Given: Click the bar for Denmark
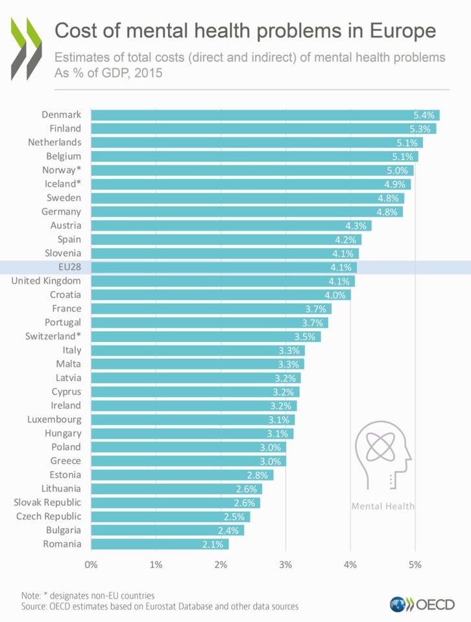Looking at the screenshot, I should click(x=265, y=115).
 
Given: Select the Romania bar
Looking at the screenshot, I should click(x=160, y=544).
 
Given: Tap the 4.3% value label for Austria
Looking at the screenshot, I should click(x=357, y=225).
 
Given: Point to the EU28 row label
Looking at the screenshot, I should click(x=68, y=267).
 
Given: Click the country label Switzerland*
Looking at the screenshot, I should click(x=53, y=336).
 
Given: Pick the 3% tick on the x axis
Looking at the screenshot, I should click(x=285, y=564).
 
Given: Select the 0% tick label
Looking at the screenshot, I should click(x=91, y=564).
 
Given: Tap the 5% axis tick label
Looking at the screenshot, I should click(x=415, y=564).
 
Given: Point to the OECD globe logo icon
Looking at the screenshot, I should click(x=397, y=605).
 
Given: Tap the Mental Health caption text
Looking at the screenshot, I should click(x=383, y=505).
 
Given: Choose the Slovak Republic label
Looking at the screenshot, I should click(x=47, y=502).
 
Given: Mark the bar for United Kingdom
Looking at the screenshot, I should click(x=223, y=281).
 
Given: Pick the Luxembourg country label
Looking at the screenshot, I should click(x=54, y=419).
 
